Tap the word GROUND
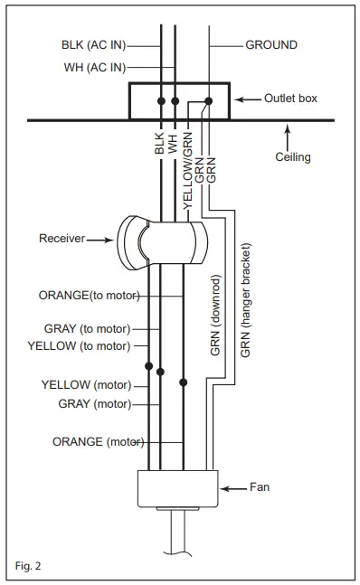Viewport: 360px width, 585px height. coord(271,43)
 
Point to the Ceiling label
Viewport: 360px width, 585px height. coord(292,156)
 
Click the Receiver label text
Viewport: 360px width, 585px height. coord(62,239)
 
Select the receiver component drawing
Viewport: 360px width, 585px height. coord(162,242)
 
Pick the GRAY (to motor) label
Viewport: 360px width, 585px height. coord(87,328)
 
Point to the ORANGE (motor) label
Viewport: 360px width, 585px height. coord(98,442)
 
